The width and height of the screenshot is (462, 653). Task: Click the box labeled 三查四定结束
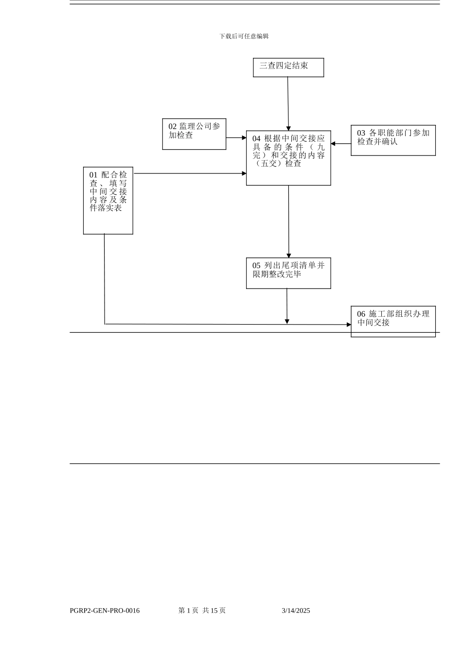pyautogui.click(x=288, y=67)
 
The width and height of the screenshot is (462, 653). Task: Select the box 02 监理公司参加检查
pyautogui.click(x=194, y=134)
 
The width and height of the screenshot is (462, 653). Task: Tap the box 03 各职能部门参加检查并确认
pyautogui.click(x=393, y=140)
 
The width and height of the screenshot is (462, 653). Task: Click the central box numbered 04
pyautogui.click(x=288, y=157)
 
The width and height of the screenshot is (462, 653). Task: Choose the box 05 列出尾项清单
pyautogui.click(x=288, y=273)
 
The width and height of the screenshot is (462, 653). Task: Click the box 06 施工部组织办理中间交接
pyautogui.click(x=393, y=321)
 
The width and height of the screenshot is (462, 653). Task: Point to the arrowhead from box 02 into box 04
pyautogui.click(x=244, y=138)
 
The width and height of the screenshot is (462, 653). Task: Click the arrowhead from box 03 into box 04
pyautogui.click(x=333, y=144)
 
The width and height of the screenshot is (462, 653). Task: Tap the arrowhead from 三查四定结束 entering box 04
pyautogui.click(x=288, y=128)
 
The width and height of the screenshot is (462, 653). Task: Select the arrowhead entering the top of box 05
pyautogui.click(x=289, y=255)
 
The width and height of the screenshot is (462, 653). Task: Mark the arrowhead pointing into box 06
pyautogui.click(x=349, y=325)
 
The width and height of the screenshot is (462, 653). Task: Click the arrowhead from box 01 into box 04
pyautogui.click(x=244, y=173)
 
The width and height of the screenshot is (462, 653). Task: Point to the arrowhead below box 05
pyautogui.click(x=287, y=321)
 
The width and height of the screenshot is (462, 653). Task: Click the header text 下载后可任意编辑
pyautogui.click(x=244, y=36)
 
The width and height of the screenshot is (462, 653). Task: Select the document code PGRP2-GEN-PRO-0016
pyautogui.click(x=105, y=611)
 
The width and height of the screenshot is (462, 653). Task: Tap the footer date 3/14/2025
pyautogui.click(x=296, y=611)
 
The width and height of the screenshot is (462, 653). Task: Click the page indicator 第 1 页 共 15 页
pyautogui.click(x=202, y=611)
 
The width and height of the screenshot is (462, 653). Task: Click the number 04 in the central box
pyautogui.click(x=256, y=139)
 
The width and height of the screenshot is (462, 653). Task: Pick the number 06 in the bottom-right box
pyautogui.click(x=361, y=314)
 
